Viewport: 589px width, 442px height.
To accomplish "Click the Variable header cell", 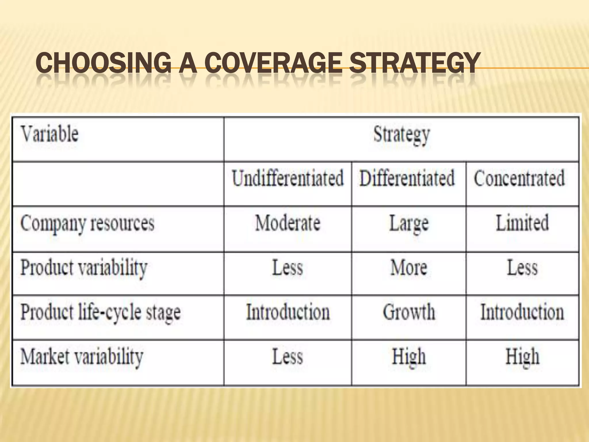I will pyautogui.click(x=49, y=134).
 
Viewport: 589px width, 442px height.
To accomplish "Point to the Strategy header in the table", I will pyautogui.click(x=401, y=134).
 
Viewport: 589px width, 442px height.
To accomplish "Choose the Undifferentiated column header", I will pyautogui.click(x=288, y=178).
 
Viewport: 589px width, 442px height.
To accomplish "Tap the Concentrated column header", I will pyautogui.click(x=519, y=178).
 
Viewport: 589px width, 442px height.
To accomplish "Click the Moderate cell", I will pyautogui.click(x=288, y=223).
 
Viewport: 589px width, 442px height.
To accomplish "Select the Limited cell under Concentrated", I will pyautogui.click(x=522, y=223).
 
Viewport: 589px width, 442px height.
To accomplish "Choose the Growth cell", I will pyautogui.click(x=409, y=312).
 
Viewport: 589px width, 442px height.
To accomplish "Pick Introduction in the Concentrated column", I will pyautogui.click(x=522, y=312).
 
